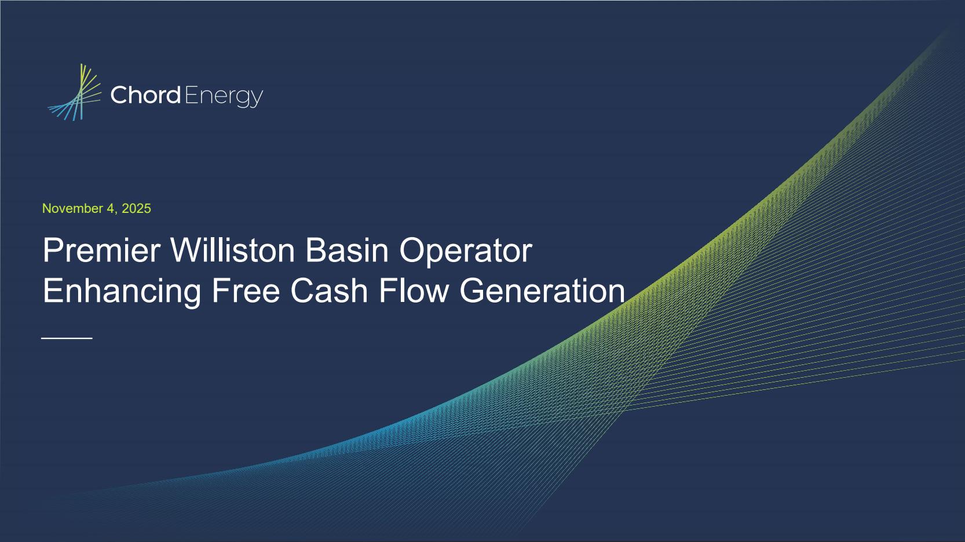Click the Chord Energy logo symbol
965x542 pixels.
point(76,93)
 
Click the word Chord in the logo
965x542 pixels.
point(145,95)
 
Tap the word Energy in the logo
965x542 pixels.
point(224,97)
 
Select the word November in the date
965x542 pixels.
point(72,209)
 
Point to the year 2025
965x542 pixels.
point(136,209)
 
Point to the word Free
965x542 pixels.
point(246,291)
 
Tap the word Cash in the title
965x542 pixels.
point(329,291)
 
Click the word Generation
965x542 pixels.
point(542,291)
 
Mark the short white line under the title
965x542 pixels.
point(67,338)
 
